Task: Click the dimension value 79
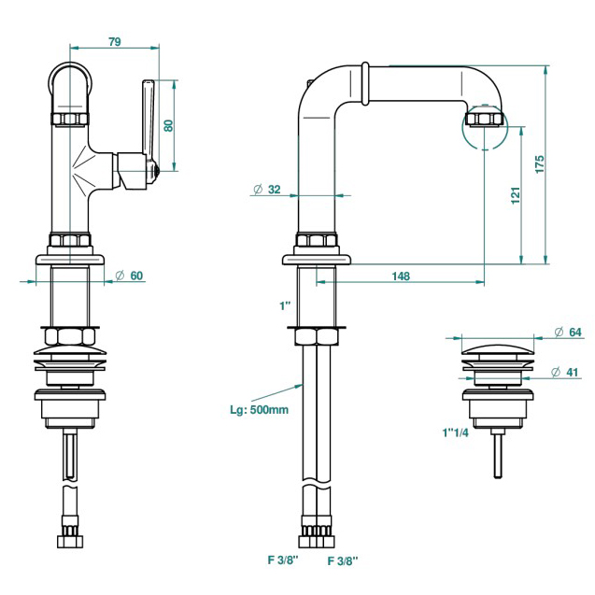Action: coord(114,41)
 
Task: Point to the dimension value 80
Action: coord(169,125)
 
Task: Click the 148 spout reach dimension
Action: coord(401,276)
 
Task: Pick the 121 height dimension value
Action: coord(516,197)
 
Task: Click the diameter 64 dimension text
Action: coord(568,332)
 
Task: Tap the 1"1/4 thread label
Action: coord(456,432)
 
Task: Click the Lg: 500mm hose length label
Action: coord(258,408)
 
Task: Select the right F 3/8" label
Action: coord(342,560)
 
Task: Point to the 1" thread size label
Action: coord(284,305)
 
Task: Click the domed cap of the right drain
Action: coord(498,350)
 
